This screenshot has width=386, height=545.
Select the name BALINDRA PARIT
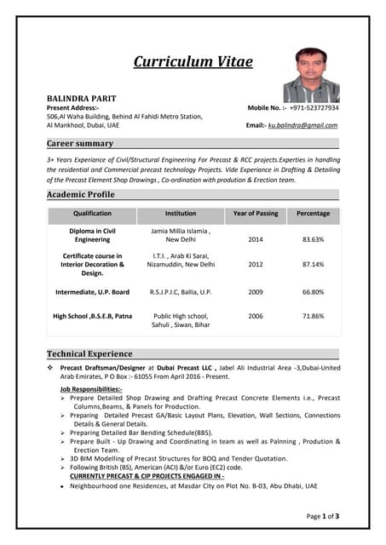click(x=81, y=99)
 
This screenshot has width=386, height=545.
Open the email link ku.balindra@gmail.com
click(x=302, y=125)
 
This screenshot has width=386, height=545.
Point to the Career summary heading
click(x=80, y=143)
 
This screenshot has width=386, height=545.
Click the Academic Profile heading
click(x=80, y=194)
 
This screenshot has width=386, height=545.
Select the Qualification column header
click(x=92, y=214)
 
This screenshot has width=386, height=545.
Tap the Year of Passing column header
click(x=255, y=214)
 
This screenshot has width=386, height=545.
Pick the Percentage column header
click(x=313, y=214)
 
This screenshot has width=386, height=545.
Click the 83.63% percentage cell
click(x=313, y=239)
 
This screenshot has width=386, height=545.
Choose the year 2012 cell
click(x=255, y=264)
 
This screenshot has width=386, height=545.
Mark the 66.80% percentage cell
click(x=313, y=292)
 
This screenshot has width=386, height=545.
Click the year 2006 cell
click(x=255, y=316)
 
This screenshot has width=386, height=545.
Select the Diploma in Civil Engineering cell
click(x=92, y=235)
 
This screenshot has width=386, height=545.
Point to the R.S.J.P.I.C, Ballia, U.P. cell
click(x=181, y=292)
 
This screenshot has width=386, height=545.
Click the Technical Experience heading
click(x=89, y=353)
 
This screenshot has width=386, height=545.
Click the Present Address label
click(x=72, y=108)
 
